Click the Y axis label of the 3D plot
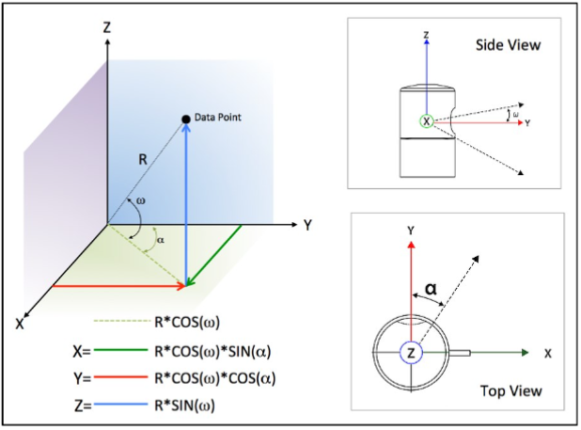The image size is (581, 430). pos(307,226)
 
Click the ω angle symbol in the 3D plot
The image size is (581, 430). pos(141,200)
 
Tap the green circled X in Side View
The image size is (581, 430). pos(427,121)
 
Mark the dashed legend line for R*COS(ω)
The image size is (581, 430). pos(128,325)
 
